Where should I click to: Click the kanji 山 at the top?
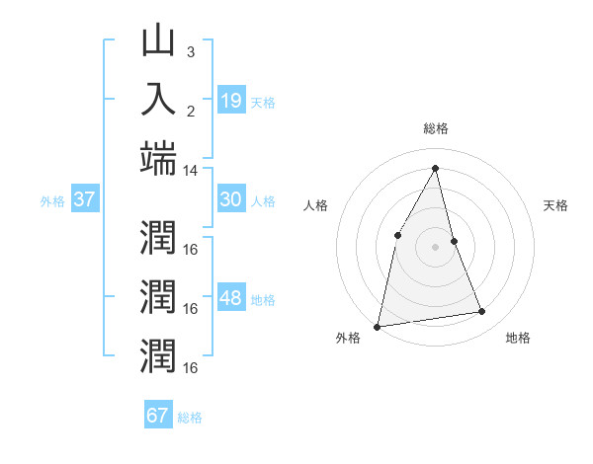coord(158,41)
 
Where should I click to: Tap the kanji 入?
coord(158,100)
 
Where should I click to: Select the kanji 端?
coord(158,158)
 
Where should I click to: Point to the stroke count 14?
coord(191,171)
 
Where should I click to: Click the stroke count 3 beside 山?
coord(191,52)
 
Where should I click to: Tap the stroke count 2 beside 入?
coord(191,111)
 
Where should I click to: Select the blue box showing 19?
coord(230,100)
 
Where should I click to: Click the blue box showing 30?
coord(230,199)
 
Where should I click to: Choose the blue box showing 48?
coord(230,298)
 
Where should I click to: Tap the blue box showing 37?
coord(84,199)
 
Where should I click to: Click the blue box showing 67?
coord(157,415)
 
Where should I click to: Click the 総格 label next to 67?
coord(190,418)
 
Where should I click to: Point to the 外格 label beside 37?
coord(52,201)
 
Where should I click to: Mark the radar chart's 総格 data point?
coord(435,167)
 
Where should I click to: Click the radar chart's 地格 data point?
coord(482,312)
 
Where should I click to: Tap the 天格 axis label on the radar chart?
coord(556,205)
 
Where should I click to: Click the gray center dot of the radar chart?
coord(435,247)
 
